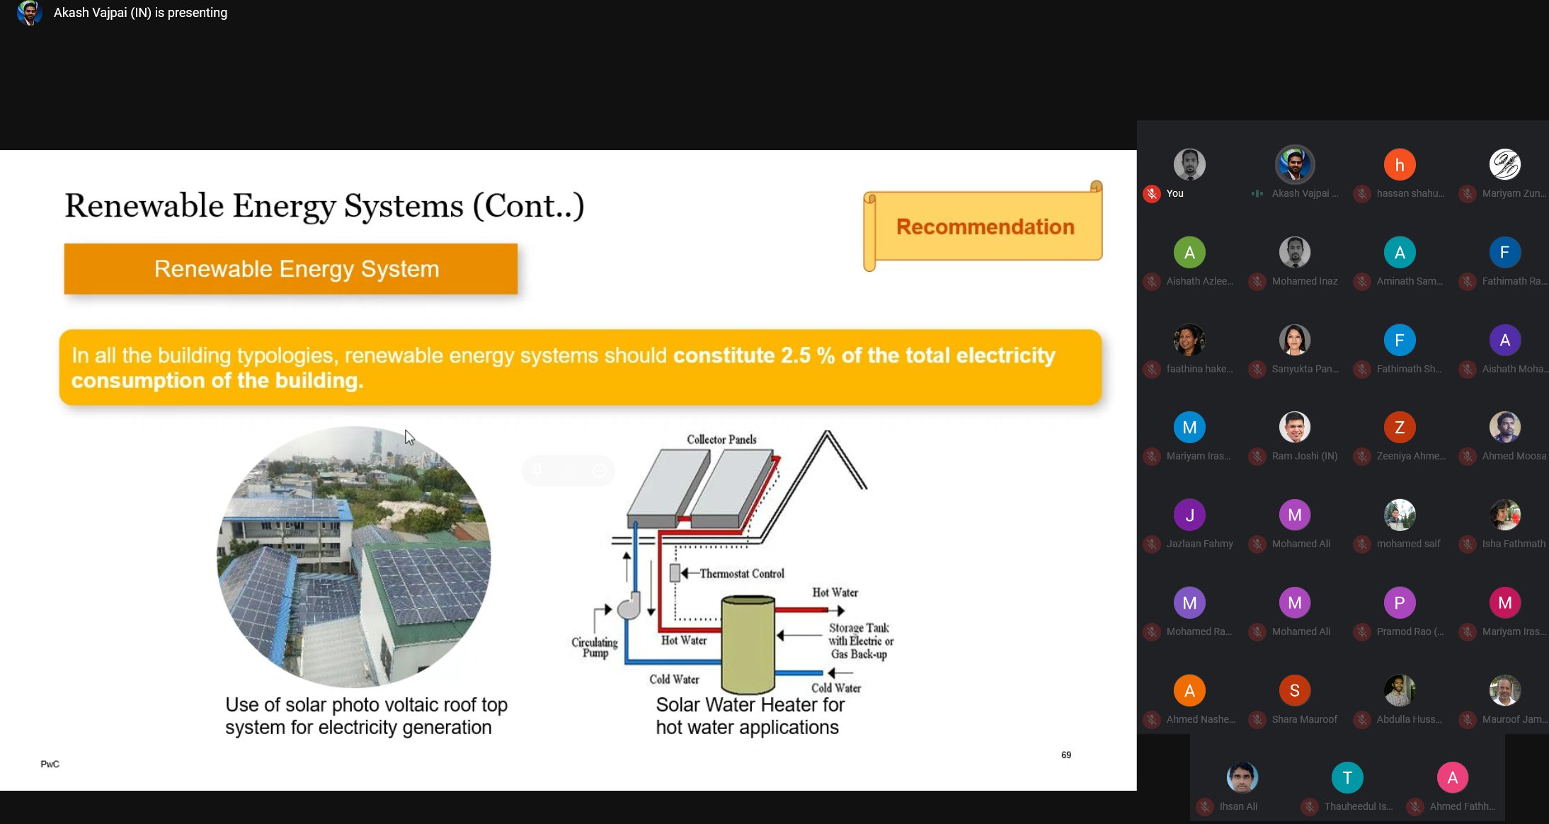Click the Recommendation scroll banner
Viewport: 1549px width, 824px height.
(x=984, y=227)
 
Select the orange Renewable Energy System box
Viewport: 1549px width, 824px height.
(x=291, y=269)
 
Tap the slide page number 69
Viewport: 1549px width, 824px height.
(x=1066, y=755)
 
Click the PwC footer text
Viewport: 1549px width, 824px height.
(x=50, y=765)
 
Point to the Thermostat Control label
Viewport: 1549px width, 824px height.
(x=741, y=573)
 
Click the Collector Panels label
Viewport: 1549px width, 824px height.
(x=721, y=440)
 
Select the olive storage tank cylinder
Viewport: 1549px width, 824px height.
(x=748, y=644)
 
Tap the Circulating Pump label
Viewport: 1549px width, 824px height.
(x=595, y=647)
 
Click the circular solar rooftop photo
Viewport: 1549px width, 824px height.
(x=354, y=556)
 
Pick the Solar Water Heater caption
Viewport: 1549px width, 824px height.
(x=749, y=716)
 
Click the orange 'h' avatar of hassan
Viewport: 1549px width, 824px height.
(x=1400, y=165)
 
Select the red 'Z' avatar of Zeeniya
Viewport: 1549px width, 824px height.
(x=1400, y=428)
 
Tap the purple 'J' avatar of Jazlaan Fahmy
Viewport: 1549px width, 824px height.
(x=1189, y=515)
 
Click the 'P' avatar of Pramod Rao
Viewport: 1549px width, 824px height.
(x=1400, y=603)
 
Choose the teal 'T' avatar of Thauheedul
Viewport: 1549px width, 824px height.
(x=1347, y=778)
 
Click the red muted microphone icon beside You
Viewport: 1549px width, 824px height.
(x=1152, y=194)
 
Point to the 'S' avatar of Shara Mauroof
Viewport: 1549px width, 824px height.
(x=1294, y=690)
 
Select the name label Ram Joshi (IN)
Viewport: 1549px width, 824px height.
(x=1305, y=457)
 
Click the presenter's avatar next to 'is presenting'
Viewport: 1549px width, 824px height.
(x=29, y=13)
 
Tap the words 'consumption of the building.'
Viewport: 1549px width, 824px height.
(x=217, y=381)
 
